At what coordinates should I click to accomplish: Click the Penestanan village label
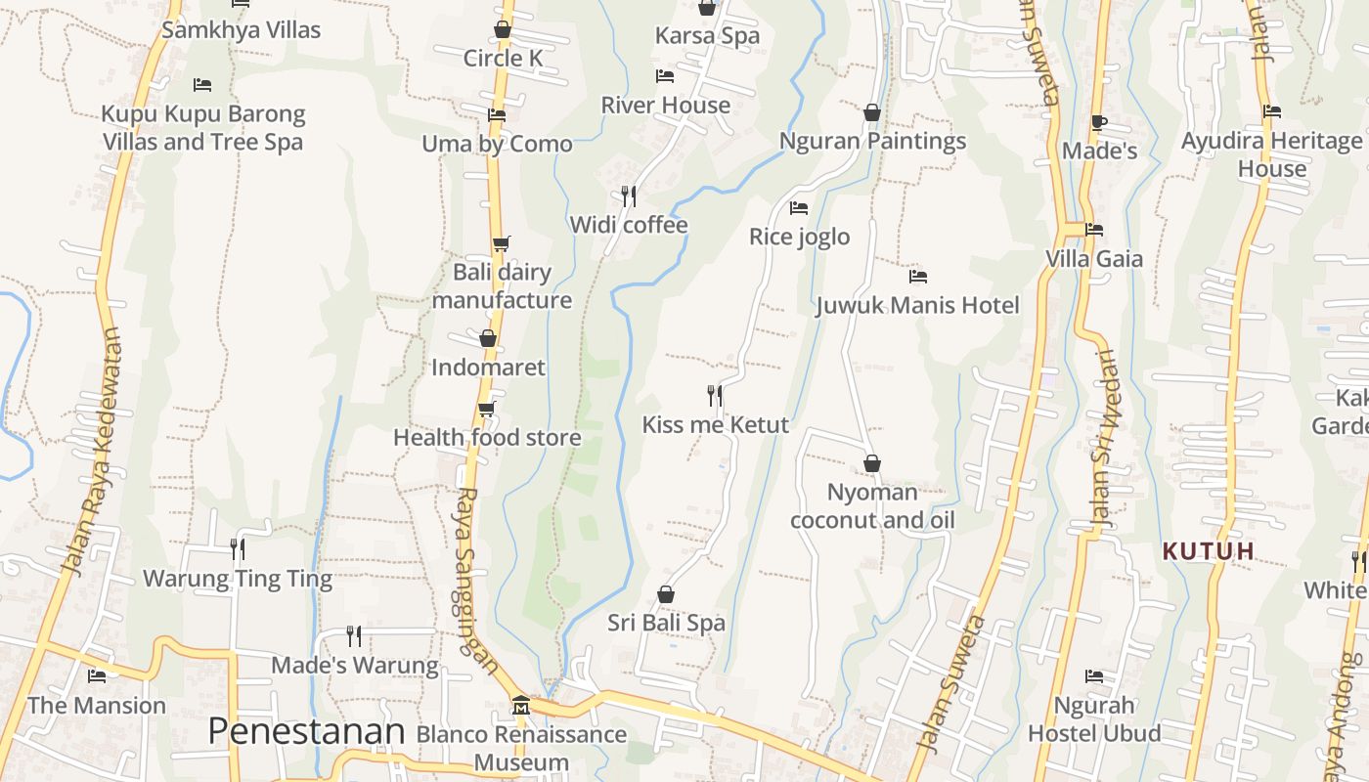(x=306, y=731)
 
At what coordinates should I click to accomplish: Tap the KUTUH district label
(x=1209, y=551)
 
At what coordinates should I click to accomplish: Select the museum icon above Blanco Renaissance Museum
(x=520, y=706)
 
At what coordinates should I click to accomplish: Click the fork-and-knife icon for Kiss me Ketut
(x=715, y=396)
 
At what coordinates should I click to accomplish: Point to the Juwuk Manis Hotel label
(x=917, y=305)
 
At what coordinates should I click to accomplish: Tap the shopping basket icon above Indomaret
(x=488, y=339)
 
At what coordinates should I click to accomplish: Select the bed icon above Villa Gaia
(x=1094, y=230)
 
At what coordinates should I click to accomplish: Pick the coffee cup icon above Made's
(x=1098, y=123)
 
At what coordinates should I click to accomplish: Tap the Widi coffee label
(x=629, y=225)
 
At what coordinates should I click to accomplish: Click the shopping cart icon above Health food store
(x=486, y=409)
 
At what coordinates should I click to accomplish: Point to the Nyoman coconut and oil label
(x=872, y=505)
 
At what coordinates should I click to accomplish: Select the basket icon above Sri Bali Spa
(x=666, y=594)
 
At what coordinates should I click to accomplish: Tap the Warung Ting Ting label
(x=238, y=579)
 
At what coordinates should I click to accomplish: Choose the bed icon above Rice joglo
(x=799, y=208)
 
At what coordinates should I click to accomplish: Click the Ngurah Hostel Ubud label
(x=1094, y=718)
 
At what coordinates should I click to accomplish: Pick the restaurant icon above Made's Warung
(x=354, y=636)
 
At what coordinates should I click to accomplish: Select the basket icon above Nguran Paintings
(x=872, y=113)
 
